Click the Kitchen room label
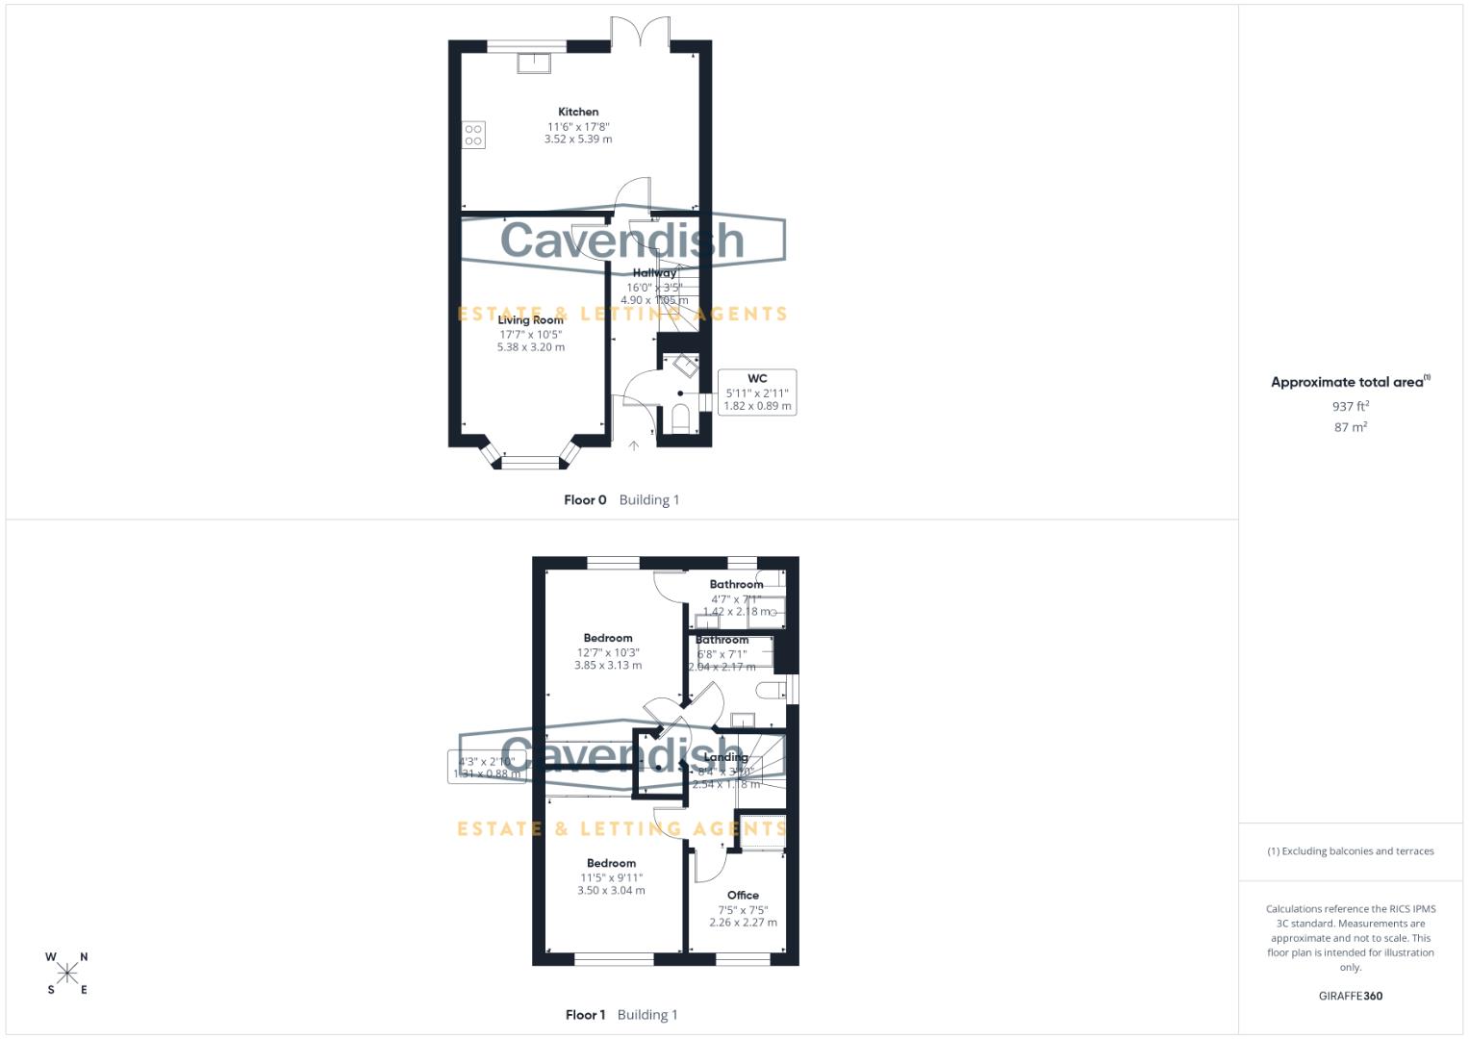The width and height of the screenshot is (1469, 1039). (x=578, y=112)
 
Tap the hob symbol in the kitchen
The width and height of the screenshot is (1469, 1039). (x=473, y=135)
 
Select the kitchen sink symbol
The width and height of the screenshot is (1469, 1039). (x=534, y=63)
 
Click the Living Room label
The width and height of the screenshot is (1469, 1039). (x=530, y=320)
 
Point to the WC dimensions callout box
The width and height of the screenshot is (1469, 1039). (x=757, y=393)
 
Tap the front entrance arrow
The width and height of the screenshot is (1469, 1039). (x=634, y=445)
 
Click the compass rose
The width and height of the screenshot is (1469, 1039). (x=67, y=974)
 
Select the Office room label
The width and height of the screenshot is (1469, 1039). (x=743, y=895)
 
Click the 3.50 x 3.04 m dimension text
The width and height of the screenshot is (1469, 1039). (x=611, y=891)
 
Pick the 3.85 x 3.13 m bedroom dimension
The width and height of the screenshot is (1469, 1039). (x=608, y=665)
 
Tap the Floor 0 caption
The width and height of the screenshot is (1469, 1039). (x=585, y=500)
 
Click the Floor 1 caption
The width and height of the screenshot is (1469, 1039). (x=585, y=1015)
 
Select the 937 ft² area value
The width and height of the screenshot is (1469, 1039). (x=1350, y=407)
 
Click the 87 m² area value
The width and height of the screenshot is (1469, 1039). (x=1350, y=427)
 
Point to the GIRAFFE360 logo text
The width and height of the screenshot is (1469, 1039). (x=1350, y=997)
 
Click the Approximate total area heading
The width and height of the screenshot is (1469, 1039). (x=1350, y=382)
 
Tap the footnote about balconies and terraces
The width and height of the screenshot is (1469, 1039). (x=1350, y=851)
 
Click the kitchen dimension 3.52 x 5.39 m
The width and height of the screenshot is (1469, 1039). (x=578, y=139)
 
